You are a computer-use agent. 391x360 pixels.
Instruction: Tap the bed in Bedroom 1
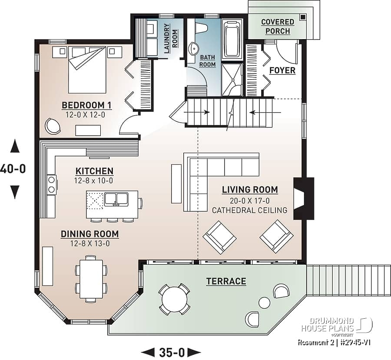click(87, 70)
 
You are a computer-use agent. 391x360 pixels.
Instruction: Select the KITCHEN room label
click(94, 171)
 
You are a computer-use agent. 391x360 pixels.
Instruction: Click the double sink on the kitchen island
click(116, 199)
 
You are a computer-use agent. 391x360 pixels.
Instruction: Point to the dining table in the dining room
click(91, 279)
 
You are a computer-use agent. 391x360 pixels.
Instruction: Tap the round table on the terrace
click(175, 299)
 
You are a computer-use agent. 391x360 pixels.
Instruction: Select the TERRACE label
click(226, 281)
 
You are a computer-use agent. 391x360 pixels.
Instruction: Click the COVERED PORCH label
click(278, 27)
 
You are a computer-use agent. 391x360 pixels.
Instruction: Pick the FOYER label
click(282, 70)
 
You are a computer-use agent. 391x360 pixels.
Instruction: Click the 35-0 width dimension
click(171, 352)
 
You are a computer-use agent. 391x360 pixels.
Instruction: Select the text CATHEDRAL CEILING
click(249, 210)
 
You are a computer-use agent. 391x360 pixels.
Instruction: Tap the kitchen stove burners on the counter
click(52, 184)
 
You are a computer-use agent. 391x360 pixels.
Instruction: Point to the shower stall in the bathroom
click(232, 80)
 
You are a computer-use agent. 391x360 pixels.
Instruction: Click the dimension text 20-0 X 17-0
click(249, 200)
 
